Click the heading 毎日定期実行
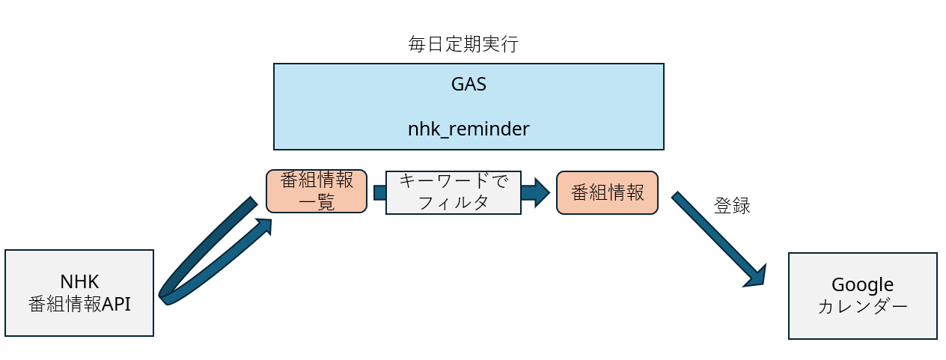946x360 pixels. [x=463, y=44]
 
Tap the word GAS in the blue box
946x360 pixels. [x=469, y=85]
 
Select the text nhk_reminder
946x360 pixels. [x=469, y=129]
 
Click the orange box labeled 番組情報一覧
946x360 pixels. [x=317, y=191]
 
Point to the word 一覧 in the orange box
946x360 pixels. [x=317, y=202]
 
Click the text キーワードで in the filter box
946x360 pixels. [x=453, y=182]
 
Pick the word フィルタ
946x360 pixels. [x=453, y=202]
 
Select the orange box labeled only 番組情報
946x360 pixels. [x=607, y=192]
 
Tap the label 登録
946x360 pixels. [x=732, y=207]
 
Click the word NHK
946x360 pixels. [x=79, y=281]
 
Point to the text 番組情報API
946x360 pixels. [x=79, y=304]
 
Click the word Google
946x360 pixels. [x=862, y=284]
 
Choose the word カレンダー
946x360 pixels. [x=862, y=307]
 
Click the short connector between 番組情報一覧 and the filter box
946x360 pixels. [x=379, y=192]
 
